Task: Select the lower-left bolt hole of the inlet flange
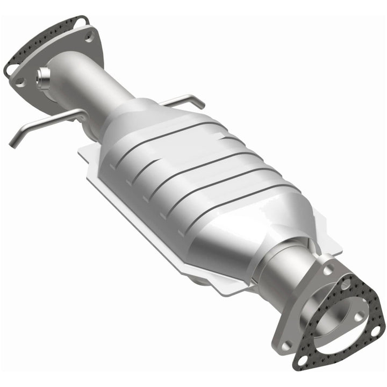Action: pyautogui.click(x=20, y=82)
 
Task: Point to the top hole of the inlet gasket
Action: pyautogui.click(x=81, y=21)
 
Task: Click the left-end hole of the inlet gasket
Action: pyautogui.click(x=11, y=70)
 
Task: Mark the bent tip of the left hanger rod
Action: pyautogui.click(x=12, y=144)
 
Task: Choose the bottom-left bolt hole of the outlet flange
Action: pyautogui.click(x=288, y=344)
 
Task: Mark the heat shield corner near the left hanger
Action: pyautogui.click(x=81, y=153)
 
